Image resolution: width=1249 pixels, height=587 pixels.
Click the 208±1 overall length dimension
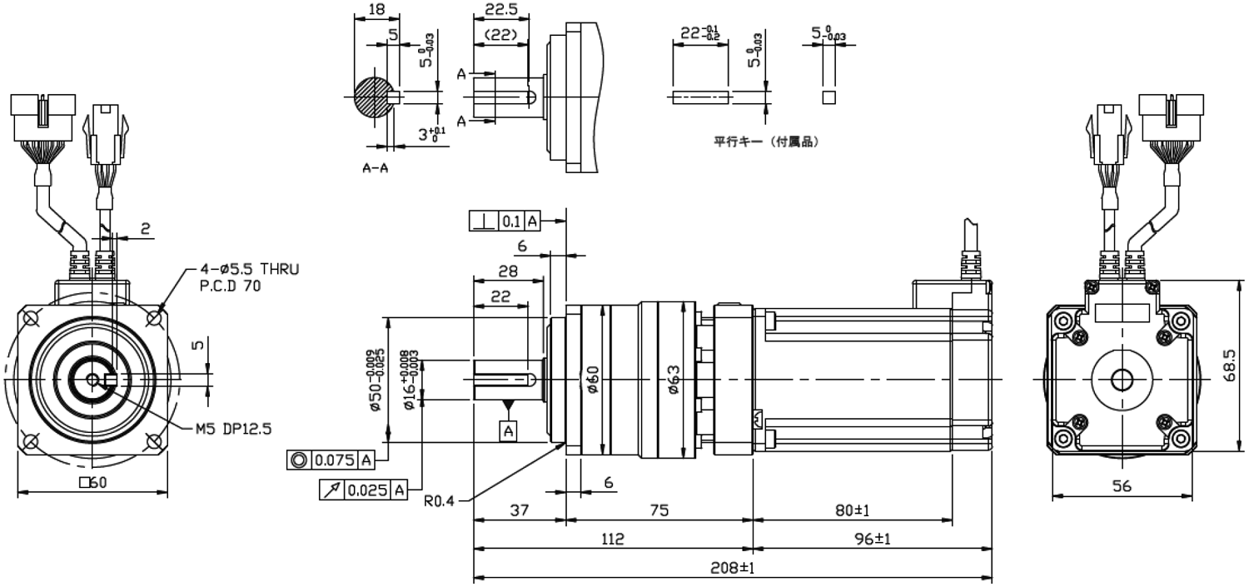[x=732, y=568]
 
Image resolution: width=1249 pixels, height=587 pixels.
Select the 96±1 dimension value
[x=873, y=539]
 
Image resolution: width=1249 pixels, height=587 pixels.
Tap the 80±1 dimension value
[x=853, y=510]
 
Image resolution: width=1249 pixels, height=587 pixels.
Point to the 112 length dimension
[x=613, y=539]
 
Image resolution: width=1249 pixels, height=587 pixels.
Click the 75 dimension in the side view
[x=659, y=510]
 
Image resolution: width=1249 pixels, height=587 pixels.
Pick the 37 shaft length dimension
[x=519, y=510]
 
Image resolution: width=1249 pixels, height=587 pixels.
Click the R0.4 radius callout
[x=440, y=500]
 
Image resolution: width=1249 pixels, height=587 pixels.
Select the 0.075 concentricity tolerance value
[x=335, y=460]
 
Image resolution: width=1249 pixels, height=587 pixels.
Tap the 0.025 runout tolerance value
[x=367, y=490]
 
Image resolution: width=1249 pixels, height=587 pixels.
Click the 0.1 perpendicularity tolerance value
[x=511, y=221]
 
